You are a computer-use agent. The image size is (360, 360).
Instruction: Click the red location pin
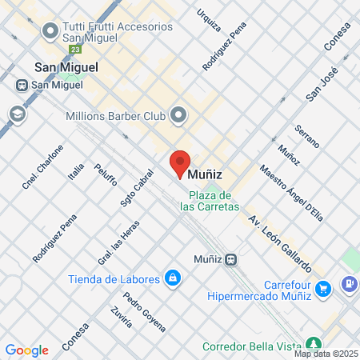click(x=180, y=162)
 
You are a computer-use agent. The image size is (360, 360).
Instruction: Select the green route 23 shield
click(x=74, y=49)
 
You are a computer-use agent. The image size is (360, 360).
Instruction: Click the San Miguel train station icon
click(x=22, y=84)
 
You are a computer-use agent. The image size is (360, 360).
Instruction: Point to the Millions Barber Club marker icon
click(x=178, y=116)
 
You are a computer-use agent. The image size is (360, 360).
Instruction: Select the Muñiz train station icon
click(x=230, y=259)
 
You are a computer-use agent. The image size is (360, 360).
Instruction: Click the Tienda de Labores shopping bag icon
click(x=171, y=278)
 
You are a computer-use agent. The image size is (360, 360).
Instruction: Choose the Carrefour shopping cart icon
click(x=323, y=288)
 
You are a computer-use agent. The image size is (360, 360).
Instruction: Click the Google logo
click(x=26, y=350)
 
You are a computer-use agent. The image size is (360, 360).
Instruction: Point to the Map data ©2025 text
click(x=326, y=354)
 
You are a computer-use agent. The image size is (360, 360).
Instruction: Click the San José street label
click(x=322, y=85)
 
